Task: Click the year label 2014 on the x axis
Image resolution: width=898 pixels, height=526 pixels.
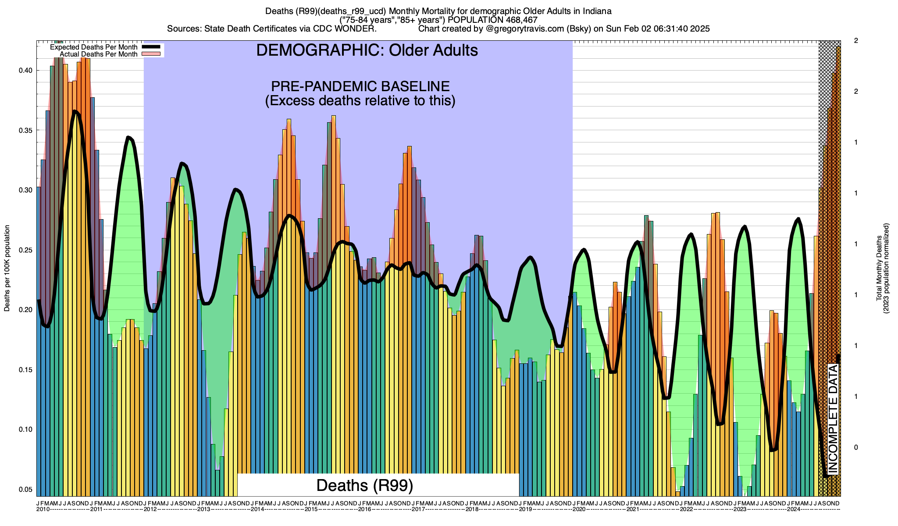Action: click(257, 509)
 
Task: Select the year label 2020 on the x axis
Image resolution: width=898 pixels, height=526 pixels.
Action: click(579, 509)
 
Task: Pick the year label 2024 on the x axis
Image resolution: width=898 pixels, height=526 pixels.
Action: click(794, 509)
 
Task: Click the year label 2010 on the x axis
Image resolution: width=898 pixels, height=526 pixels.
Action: click(43, 509)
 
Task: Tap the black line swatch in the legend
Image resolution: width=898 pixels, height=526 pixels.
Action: click(152, 47)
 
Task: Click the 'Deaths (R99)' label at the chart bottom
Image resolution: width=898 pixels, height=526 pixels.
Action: click(365, 485)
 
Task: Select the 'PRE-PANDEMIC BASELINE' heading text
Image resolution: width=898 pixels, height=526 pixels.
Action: click(360, 86)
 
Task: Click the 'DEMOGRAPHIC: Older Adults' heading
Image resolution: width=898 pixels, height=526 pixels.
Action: click(367, 50)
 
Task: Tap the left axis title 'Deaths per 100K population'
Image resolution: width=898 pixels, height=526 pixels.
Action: click(7, 268)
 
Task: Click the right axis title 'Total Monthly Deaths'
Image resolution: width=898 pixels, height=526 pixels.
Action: click(879, 268)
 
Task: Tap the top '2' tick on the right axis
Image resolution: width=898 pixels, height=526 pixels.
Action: click(856, 41)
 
